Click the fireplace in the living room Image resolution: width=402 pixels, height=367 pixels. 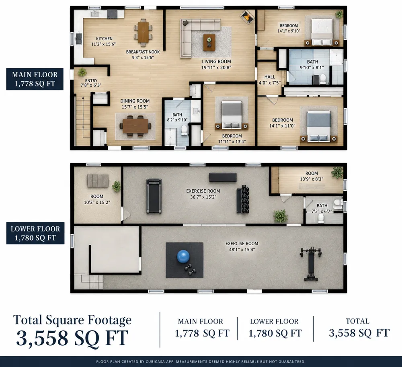pos(247,17)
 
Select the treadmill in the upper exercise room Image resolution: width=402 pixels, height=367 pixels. pos(154,196)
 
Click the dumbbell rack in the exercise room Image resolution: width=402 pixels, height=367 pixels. pos(243,199)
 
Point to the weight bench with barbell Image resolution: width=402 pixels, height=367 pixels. pos(311,264)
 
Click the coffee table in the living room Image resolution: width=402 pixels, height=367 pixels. pos(209,43)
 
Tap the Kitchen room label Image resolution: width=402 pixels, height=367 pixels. pos(104,39)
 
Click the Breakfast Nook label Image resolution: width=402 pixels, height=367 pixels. pos(143,52)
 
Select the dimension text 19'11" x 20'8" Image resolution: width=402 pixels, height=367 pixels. pos(216,68)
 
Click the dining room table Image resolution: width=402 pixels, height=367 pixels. pos(135,126)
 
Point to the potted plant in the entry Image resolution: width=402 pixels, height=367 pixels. pos(82,72)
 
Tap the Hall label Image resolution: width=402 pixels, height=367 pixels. pos(270,77)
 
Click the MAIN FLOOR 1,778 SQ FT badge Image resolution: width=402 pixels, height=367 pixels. pos(35,79)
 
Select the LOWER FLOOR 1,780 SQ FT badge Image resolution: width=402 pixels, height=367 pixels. pos(35,233)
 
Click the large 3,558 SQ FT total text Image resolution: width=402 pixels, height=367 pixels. pos(72,338)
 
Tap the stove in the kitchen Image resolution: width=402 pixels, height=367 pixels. pos(112,14)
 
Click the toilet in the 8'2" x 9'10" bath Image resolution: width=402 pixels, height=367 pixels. pos(184,130)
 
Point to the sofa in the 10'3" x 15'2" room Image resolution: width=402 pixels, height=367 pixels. pos(98,180)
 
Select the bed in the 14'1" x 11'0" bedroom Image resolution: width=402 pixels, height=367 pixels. pos(319,126)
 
